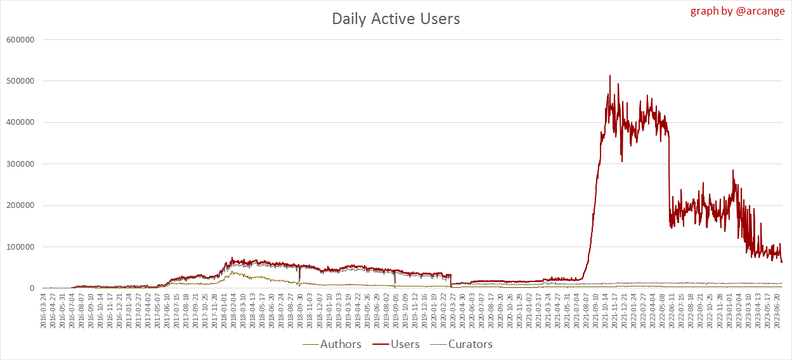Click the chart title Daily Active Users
(396, 19)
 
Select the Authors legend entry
(333, 344)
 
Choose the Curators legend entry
(462, 344)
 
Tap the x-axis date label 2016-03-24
(43, 311)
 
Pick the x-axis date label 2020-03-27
(451, 311)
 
